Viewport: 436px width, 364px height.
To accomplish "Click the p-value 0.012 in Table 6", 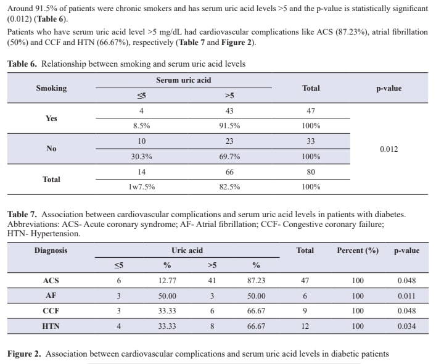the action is point(389,149).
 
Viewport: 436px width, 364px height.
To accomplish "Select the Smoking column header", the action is point(51,88).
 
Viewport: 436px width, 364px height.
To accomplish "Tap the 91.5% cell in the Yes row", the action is point(229,126).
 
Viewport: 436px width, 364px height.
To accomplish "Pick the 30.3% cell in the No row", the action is point(142,157).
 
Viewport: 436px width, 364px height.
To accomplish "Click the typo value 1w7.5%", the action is point(142,186).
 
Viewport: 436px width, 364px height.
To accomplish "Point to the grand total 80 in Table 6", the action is point(311,172).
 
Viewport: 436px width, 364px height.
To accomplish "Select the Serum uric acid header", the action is point(184,80).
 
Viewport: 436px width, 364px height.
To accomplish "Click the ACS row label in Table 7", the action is point(51,280).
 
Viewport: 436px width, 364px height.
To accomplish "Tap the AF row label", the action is point(51,296).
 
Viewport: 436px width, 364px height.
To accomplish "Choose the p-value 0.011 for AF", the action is point(406,296).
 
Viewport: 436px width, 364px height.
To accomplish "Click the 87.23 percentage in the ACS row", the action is point(256,280).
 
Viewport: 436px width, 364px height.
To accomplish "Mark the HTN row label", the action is point(51,326).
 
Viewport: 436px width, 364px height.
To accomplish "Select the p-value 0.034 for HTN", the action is point(406,326).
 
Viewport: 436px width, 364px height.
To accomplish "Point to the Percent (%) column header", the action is point(358,250).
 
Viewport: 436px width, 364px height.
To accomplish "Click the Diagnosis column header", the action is point(51,250).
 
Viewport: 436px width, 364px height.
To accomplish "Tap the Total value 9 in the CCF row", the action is point(305,310).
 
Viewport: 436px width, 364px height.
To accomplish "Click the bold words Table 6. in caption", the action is point(22,64).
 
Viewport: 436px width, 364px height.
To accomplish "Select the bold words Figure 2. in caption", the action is point(24,354).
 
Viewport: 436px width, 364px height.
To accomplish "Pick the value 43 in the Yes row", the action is point(229,111).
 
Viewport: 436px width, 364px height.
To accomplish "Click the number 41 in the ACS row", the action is point(212,280).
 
